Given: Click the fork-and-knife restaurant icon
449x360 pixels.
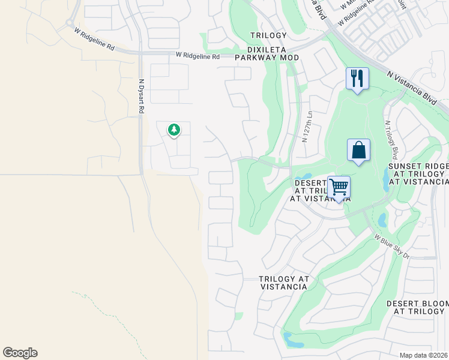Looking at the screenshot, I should [x=357, y=78].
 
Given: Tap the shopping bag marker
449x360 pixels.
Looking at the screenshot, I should [x=358, y=150].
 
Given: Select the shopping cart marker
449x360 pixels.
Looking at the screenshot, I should [x=339, y=187].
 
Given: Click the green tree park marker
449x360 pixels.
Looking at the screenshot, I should [x=174, y=129].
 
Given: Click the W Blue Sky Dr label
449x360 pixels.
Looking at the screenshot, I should [x=392, y=247].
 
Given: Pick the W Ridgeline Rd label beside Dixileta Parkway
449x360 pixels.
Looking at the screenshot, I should [x=197, y=56].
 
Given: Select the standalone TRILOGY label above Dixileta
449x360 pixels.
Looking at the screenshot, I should [x=268, y=35].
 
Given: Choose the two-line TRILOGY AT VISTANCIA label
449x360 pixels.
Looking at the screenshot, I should [x=284, y=283].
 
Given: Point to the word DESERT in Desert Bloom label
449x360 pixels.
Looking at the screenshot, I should [x=405, y=304].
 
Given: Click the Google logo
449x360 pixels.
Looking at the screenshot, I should [x=20, y=352].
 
